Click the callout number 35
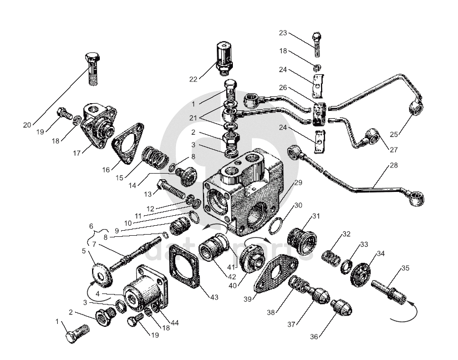405,268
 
